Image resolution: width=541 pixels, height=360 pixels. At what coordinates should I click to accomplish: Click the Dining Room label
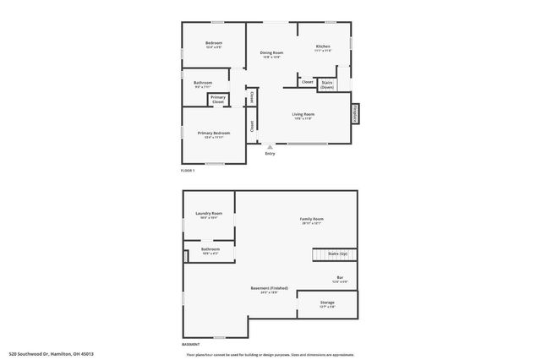271,52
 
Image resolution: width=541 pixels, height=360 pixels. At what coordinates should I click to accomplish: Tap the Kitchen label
323,46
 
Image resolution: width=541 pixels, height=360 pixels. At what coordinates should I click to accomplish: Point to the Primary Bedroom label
214,133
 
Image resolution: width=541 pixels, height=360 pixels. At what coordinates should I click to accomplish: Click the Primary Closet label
218,99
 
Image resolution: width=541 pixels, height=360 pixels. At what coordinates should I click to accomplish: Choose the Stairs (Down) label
327,84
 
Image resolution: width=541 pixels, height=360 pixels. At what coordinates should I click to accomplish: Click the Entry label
270,153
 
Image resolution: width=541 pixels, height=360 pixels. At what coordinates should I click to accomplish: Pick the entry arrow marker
270,145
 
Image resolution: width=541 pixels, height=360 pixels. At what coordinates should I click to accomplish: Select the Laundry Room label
209,214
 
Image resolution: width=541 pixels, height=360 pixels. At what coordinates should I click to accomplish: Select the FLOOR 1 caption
188,172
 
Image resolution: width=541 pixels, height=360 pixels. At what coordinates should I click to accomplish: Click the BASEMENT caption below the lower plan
191,345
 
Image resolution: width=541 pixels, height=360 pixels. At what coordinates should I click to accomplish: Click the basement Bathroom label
210,249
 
